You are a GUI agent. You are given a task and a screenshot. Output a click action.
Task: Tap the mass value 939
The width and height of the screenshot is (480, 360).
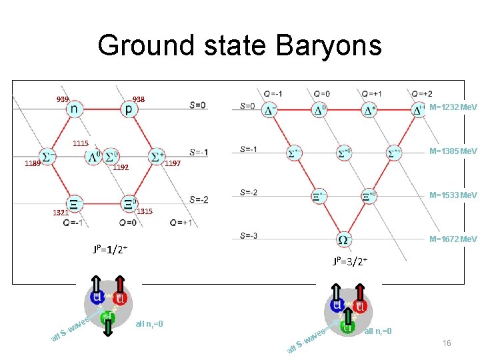[x=63, y=99]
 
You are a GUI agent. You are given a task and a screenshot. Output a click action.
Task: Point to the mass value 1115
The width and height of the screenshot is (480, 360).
[x=81, y=144]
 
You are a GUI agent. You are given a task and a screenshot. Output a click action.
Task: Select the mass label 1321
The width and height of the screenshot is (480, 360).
[x=61, y=213]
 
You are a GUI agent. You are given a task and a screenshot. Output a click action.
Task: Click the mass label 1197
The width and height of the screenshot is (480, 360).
[x=173, y=163]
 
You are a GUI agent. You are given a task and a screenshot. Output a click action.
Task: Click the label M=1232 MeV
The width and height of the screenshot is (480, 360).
[x=453, y=107]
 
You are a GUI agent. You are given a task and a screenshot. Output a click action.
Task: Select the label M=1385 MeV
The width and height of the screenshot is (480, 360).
[x=453, y=151]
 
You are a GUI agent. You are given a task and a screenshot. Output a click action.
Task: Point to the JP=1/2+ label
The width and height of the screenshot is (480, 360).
[x=111, y=250]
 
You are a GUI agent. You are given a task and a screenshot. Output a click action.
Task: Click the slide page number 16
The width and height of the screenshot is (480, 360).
[x=447, y=343]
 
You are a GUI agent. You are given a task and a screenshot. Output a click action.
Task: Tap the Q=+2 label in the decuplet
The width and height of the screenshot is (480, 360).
[x=421, y=93]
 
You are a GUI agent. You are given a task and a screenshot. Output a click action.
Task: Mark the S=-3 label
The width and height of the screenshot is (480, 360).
[x=249, y=235]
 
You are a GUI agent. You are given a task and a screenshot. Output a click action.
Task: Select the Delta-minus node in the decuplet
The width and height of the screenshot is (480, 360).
[x=270, y=110]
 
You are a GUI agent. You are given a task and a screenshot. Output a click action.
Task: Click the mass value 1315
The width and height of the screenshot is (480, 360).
[x=145, y=211]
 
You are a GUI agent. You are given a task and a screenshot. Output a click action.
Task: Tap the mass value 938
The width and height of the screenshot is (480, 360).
[x=139, y=99]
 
